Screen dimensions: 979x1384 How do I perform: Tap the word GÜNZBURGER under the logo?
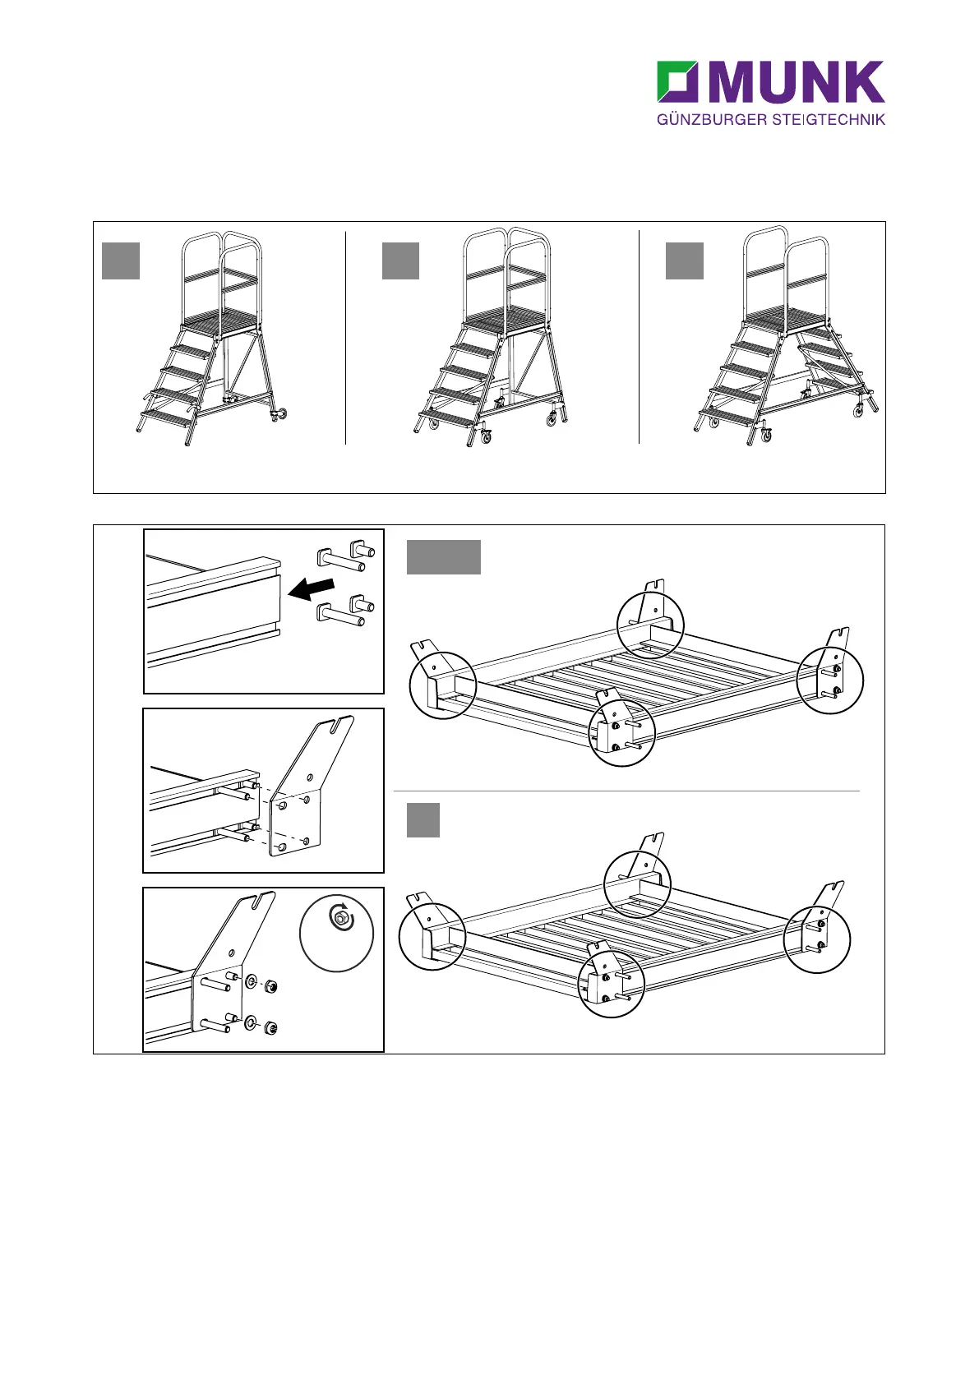point(712,120)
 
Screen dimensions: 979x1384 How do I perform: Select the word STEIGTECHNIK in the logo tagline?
point(829,120)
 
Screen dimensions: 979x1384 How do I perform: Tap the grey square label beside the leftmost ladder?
point(120,261)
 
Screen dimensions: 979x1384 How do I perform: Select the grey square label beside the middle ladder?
point(400,261)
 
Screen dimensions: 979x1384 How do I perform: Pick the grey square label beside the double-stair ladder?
point(684,261)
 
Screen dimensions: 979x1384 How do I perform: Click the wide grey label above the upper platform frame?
point(443,557)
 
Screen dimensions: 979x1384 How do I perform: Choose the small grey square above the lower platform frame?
point(423,820)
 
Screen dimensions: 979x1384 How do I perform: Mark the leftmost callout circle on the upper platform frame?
point(443,685)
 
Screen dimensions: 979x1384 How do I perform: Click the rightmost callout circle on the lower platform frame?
point(817,939)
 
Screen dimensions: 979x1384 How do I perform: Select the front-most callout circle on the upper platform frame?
point(622,733)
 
